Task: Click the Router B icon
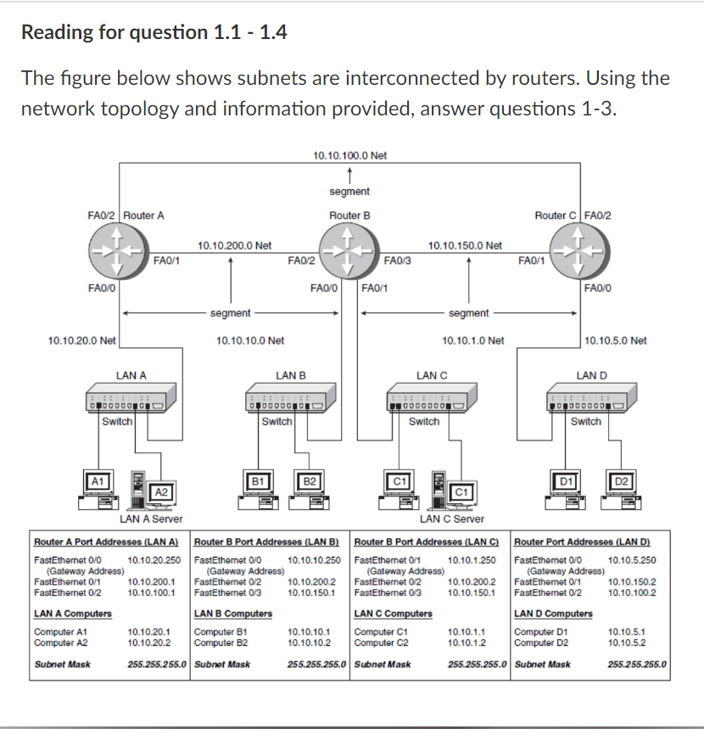[x=350, y=252]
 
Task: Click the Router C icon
[x=580, y=252]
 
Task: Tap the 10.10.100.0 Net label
[x=349, y=155]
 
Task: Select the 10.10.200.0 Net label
[x=234, y=245]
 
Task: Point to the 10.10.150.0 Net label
[x=466, y=245]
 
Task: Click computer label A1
[x=98, y=480]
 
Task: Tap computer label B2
[x=310, y=481]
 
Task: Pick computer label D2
[x=622, y=481]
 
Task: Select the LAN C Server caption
[x=452, y=519]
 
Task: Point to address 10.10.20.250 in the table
[x=154, y=560]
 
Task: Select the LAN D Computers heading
[x=554, y=614]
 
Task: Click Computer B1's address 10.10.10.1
[x=309, y=632]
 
